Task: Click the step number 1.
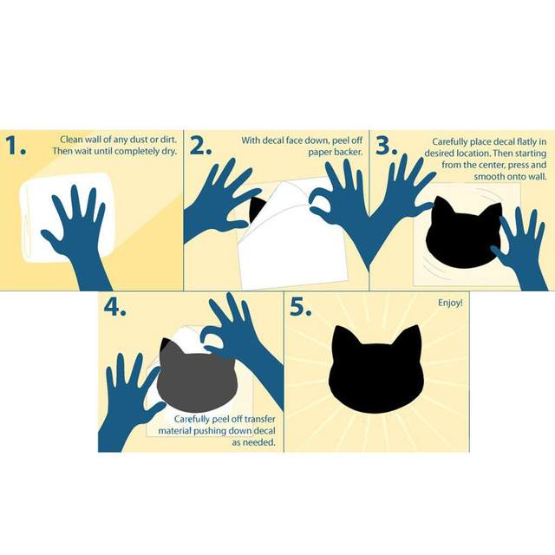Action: click(16, 146)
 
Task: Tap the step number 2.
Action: click(200, 146)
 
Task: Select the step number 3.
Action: click(386, 146)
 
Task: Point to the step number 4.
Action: click(114, 307)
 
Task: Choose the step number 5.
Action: click(301, 307)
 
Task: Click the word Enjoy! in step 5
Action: click(450, 303)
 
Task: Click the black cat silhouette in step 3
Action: click(464, 233)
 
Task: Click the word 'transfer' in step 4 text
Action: click(259, 419)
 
